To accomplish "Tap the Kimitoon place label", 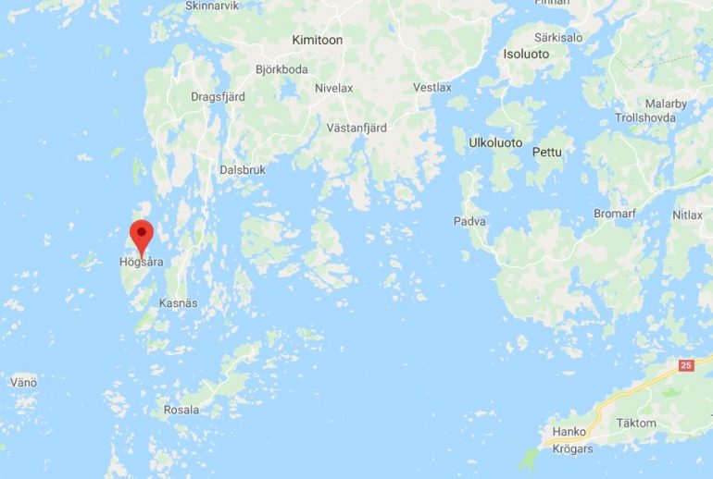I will pyautogui.click(x=317, y=40).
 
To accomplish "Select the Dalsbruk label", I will pyautogui.click(x=243, y=170).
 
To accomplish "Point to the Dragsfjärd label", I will pyautogui.click(x=216, y=95).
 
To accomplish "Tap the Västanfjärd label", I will pyautogui.click(x=356, y=128).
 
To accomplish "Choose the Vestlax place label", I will pyautogui.click(x=432, y=88).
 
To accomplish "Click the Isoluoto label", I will pyautogui.click(x=525, y=55).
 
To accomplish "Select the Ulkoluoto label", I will pyautogui.click(x=495, y=143).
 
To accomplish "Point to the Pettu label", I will pyautogui.click(x=547, y=152).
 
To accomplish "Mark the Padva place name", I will pyautogui.click(x=469, y=222).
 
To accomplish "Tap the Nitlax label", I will pyautogui.click(x=687, y=215).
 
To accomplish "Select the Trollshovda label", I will pyautogui.click(x=646, y=118).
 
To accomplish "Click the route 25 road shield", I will pyautogui.click(x=685, y=366).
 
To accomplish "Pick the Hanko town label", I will pyautogui.click(x=569, y=432).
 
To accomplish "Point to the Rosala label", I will pyautogui.click(x=181, y=410).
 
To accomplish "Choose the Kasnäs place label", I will pyautogui.click(x=178, y=303).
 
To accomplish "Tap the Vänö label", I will pyautogui.click(x=23, y=381).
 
